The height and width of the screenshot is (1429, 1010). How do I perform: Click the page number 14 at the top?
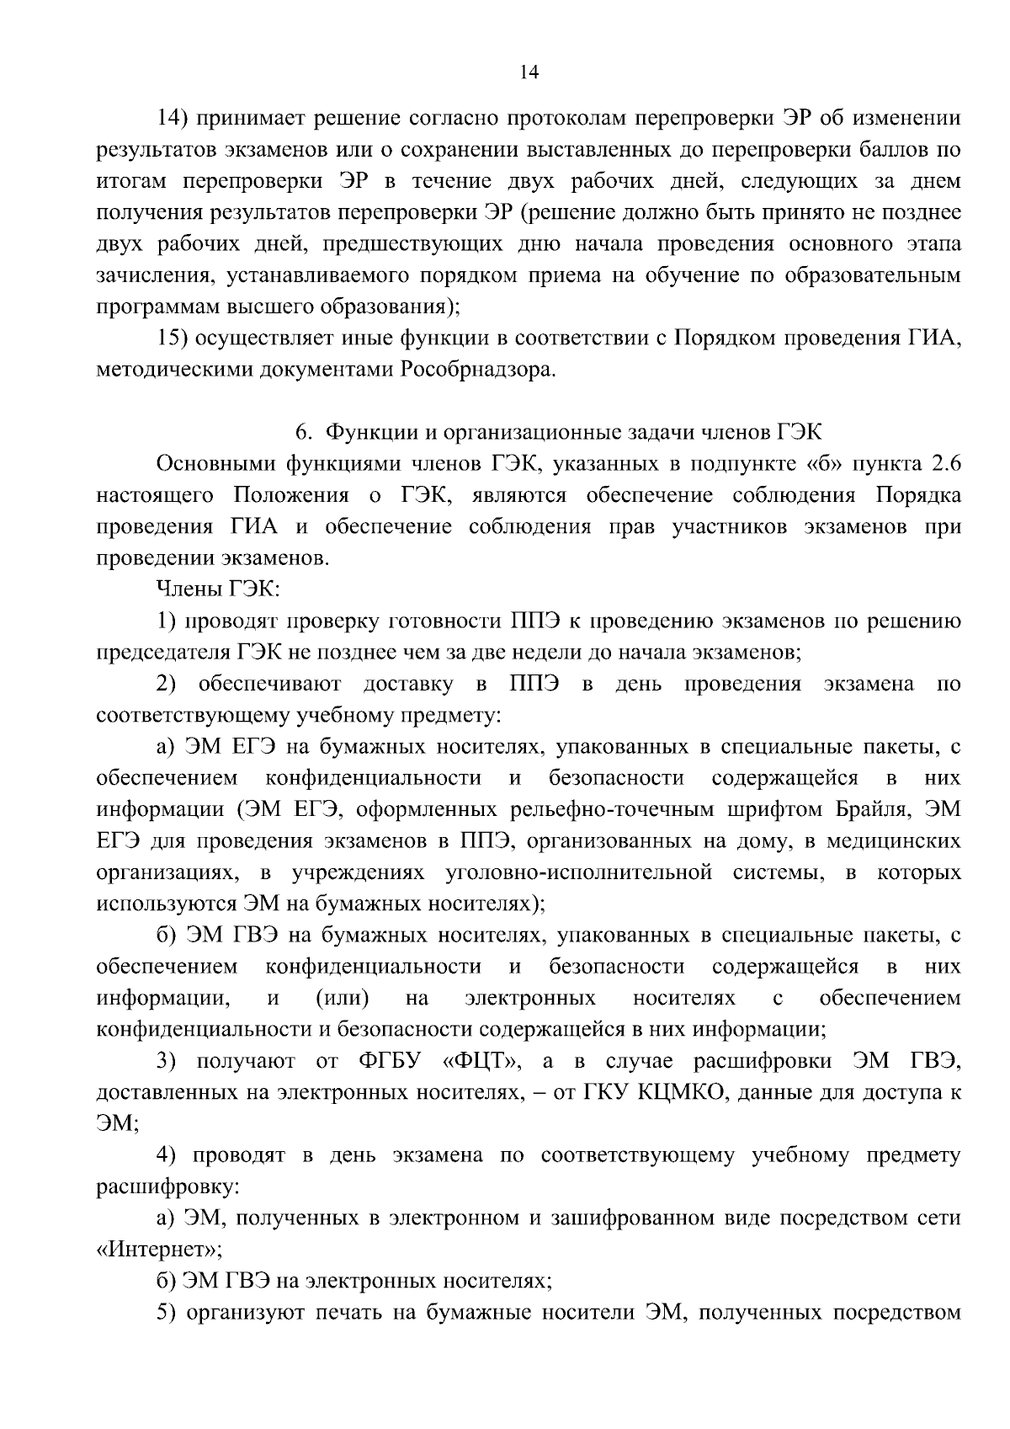coord(529,72)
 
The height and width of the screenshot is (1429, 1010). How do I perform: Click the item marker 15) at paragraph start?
coord(175,339)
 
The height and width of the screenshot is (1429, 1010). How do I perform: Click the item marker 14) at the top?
coord(175,119)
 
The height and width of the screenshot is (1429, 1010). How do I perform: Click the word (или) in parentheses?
coord(342,998)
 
